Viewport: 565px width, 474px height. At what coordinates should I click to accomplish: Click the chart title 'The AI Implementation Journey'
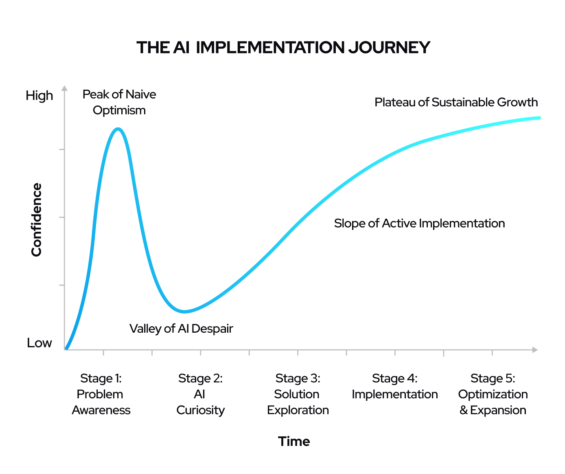[x=283, y=48]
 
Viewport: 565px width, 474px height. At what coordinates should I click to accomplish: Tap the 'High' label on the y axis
[x=39, y=96]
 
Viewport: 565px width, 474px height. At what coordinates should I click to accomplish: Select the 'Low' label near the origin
[x=39, y=343]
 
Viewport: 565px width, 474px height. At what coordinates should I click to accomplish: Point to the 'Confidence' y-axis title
[x=37, y=219]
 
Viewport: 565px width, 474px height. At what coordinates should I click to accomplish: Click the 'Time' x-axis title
[x=294, y=441]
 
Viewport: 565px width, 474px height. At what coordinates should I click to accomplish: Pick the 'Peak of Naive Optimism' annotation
[x=119, y=102]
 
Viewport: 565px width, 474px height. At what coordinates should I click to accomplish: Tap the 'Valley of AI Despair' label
[x=181, y=329]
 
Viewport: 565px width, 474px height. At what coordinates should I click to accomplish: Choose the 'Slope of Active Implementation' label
[x=419, y=224]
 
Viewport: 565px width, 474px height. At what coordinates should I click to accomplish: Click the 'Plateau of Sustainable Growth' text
[x=456, y=102]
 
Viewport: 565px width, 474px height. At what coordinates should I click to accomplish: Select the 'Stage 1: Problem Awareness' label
[x=101, y=394]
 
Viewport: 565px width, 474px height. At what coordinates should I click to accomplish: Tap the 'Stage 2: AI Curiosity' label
[x=200, y=394]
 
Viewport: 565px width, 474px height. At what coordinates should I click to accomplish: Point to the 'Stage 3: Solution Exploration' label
[x=298, y=394]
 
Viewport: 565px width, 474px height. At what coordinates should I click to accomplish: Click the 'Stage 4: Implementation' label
[x=394, y=386]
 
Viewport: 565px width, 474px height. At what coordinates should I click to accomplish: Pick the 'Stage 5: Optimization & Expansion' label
[x=493, y=394]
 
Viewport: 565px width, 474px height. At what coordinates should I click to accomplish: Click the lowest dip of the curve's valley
[x=184, y=312]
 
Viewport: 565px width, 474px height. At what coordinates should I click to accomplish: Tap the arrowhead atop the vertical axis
[x=64, y=88]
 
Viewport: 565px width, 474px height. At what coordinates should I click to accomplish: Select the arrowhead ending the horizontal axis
[x=535, y=350]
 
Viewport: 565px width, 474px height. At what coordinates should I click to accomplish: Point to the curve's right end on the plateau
[x=539, y=118]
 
